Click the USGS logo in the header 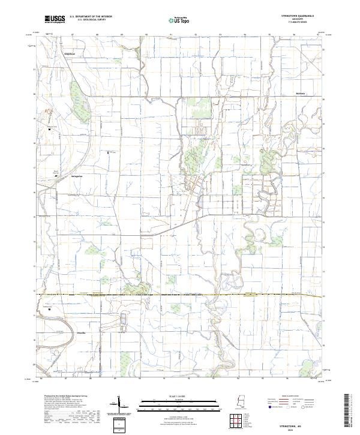[x=55, y=19]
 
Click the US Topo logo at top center [x=179, y=19]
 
